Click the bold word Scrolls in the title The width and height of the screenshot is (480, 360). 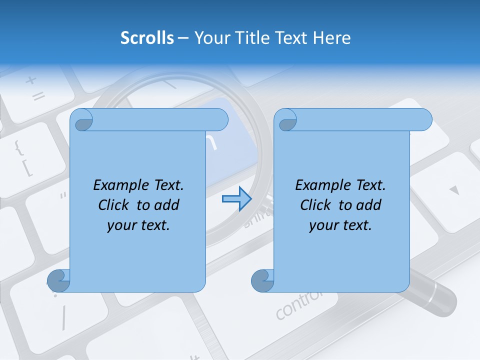pos(147,37)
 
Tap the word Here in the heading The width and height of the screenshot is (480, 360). pos(332,37)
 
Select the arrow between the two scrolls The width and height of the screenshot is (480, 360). pos(236,199)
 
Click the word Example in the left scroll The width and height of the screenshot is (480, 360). pos(118,185)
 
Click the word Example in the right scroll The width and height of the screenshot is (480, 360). pos(320,185)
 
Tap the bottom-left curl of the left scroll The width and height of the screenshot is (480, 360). pos(58,280)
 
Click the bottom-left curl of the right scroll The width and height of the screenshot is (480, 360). pos(262,280)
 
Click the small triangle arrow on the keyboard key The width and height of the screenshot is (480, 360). pos(453,190)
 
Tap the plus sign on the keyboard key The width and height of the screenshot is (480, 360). pos(31,79)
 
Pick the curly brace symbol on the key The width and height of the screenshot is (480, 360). pos(18,147)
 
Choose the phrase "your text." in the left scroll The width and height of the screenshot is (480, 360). pos(138,225)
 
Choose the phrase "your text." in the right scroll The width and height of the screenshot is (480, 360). pos(340,225)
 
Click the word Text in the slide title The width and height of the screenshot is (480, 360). pos(293,37)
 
